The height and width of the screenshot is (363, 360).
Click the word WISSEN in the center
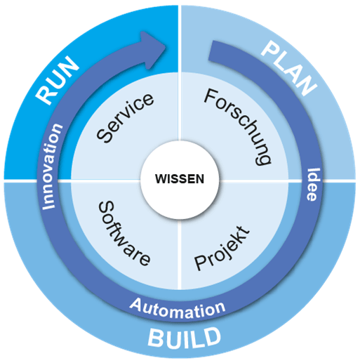coord(180,178)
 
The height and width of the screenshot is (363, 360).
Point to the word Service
coord(126,118)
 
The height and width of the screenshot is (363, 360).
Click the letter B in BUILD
coord(155,338)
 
